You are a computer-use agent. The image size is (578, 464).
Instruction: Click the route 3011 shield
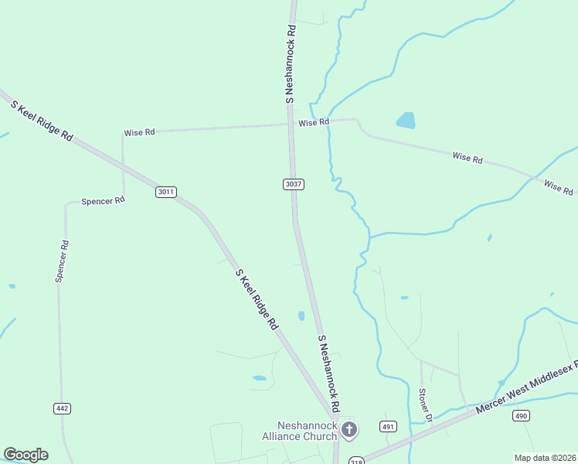[166, 192]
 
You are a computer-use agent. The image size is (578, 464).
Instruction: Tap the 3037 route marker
[293, 184]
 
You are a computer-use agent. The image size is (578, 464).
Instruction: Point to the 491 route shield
[389, 426]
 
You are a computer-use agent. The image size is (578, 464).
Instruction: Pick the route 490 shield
[522, 416]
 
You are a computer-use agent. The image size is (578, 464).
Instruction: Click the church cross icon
[349, 429]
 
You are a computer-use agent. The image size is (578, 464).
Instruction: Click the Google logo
[25, 454]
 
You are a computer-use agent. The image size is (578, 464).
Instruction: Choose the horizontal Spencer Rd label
[103, 201]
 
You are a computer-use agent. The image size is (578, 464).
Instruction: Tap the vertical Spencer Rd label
[62, 261]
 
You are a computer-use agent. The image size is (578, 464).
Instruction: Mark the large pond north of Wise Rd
[406, 120]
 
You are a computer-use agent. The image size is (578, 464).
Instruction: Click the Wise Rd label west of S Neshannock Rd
[139, 132]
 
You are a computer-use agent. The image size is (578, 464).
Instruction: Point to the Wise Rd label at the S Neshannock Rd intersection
[314, 122]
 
